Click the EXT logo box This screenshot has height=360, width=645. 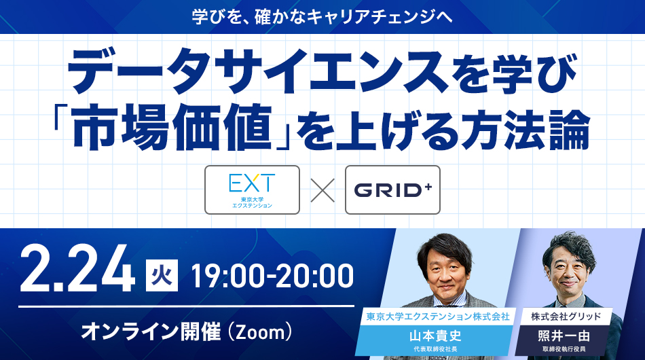click(x=252, y=190)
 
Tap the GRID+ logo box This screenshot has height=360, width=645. click(x=392, y=190)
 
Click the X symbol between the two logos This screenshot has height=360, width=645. click(x=322, y=190)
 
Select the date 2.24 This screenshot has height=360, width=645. click(x=77, y=270)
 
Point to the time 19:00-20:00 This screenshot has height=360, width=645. click(x=272, y=276)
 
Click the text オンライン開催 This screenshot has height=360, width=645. click(x=151, y=332)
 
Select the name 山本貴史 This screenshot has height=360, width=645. click(x=435, y=336)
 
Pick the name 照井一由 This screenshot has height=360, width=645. click(x=564, y=336)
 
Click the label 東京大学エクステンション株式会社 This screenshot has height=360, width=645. click(x=438, y=317)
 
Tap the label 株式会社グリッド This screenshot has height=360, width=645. click(x=566, y=317)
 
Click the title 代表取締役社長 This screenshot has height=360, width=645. click(x=435, y=349)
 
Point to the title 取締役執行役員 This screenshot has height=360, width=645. click(x=564, y=349)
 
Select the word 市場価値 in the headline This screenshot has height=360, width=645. click(x=173, y=127)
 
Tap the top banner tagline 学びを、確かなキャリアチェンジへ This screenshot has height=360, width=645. click(x=322, y=17)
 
